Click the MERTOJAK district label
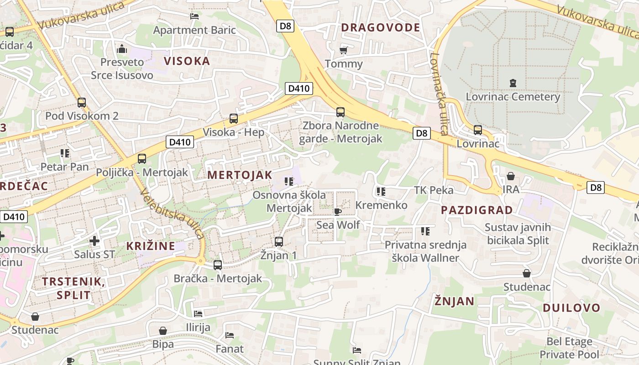point(240,175)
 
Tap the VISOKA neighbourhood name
point(187,61)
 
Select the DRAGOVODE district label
point(381,27)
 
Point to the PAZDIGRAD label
point(477,210)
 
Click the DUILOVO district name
point(571,308)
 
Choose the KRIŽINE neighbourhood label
point(151,246)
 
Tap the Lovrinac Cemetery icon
point(513,83)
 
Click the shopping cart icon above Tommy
point(344,50)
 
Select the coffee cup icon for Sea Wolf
point(338,211)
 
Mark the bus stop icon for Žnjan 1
point(279,241)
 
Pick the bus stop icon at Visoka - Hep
point(234,119)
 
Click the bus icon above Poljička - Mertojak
point(142,159)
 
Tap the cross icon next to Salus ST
point(94,240)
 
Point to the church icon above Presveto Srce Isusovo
point(122,48)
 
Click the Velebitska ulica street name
point(172,214)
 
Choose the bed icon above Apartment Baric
point(194,16)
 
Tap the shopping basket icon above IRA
point(511,176)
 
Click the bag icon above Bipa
point(163,330)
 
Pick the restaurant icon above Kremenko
point(381,192)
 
